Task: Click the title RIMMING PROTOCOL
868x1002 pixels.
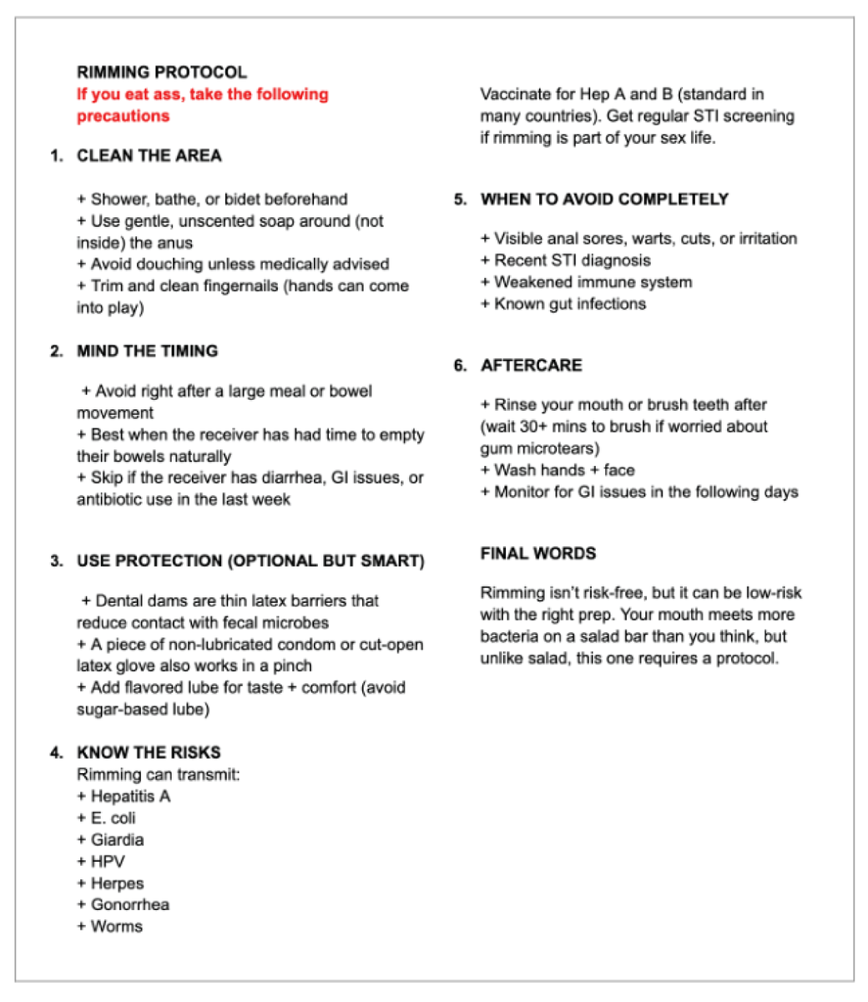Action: click(x=162, y=73)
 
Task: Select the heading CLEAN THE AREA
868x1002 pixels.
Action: click(x=149, y=156)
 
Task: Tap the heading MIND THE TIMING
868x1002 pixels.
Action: click(x=147, y=351)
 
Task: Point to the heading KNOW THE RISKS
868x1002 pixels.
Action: click(x=149, y=752)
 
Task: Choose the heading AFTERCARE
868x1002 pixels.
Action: click(x=531, y=365)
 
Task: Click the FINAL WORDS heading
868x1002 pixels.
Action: click(x=537, y=554)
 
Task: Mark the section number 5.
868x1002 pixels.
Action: click(x=461, y=200)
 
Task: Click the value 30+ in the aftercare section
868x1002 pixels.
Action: click(x=541, y=427)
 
